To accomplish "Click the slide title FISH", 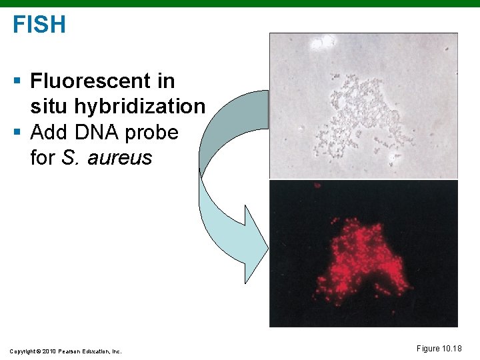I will click(x=39, y=25).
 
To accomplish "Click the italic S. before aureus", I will click(x=69, y=158).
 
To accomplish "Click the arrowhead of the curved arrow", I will click(x=255, y=245).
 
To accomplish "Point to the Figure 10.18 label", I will click(x=439, y=349).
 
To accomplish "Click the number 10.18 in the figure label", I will click(x=451, y=349).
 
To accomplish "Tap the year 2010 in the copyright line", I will click(x=48, y=351).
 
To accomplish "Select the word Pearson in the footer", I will click(x=69, y=351).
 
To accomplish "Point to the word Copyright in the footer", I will click(x=22, y=351).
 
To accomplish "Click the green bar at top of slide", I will click(x=240, y=3).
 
